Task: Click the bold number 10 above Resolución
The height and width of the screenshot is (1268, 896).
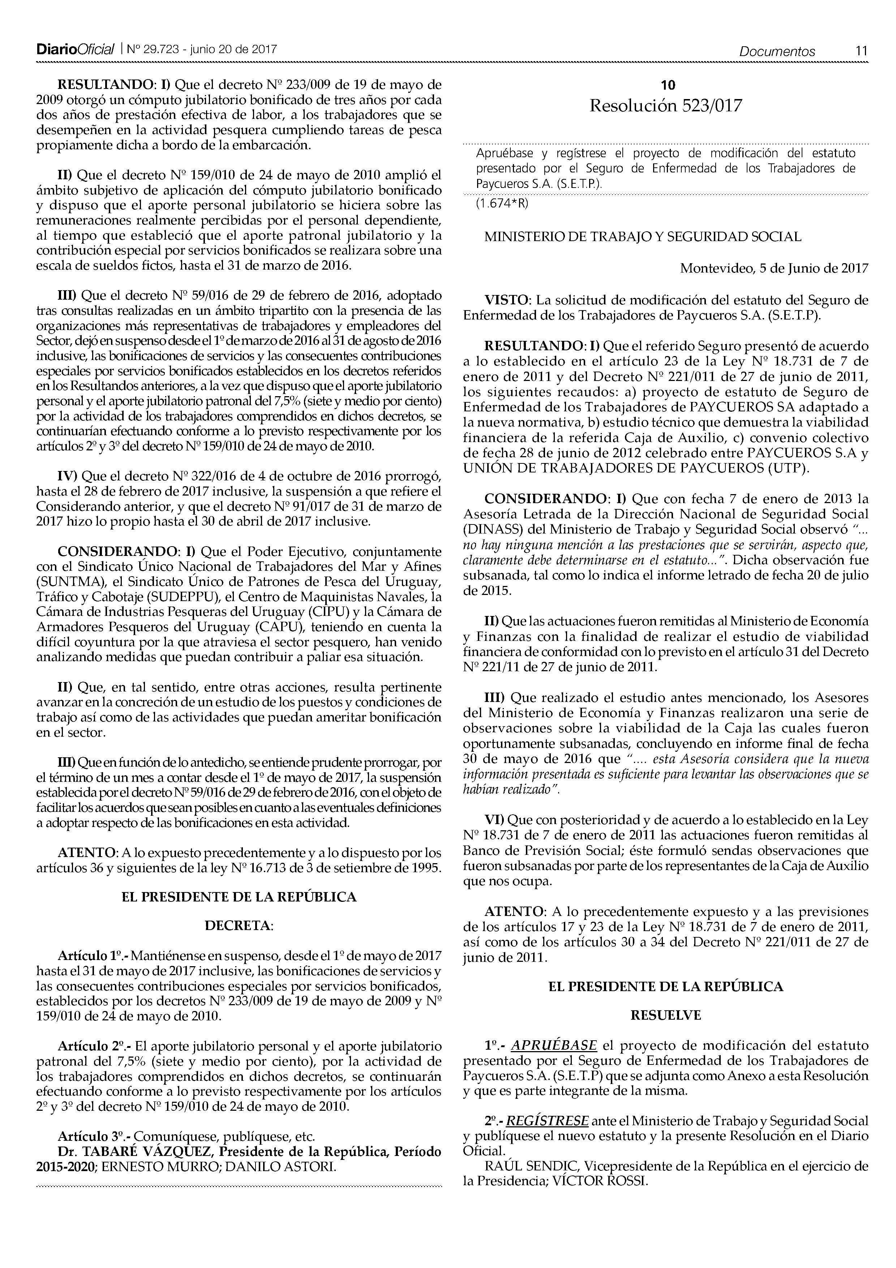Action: pyautogui.click(x=668, y=85)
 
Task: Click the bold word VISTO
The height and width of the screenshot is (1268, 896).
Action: pyautogui.click(x=507, y=300)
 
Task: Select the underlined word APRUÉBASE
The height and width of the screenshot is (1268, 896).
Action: pyautogui.click(x=554, y=1045)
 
